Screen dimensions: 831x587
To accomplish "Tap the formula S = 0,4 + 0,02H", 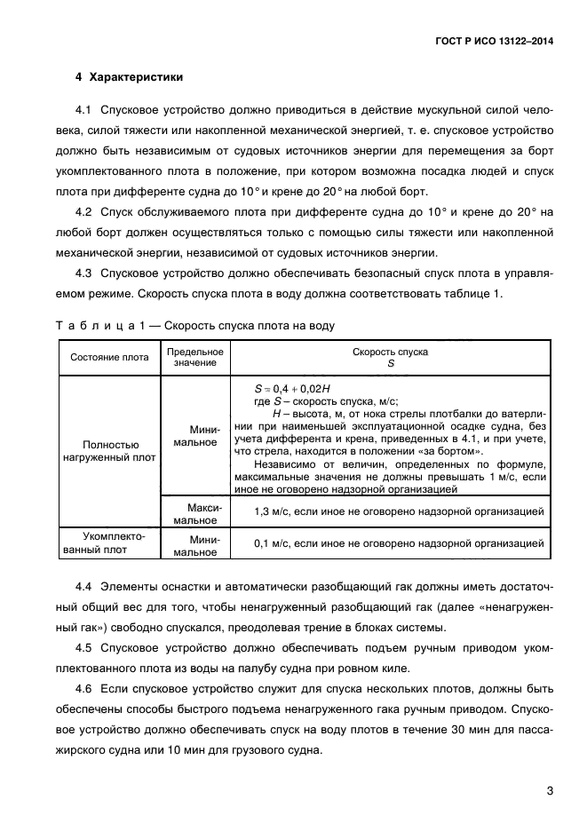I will coord(292,389).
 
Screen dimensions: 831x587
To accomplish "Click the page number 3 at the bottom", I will coord(550,790).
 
